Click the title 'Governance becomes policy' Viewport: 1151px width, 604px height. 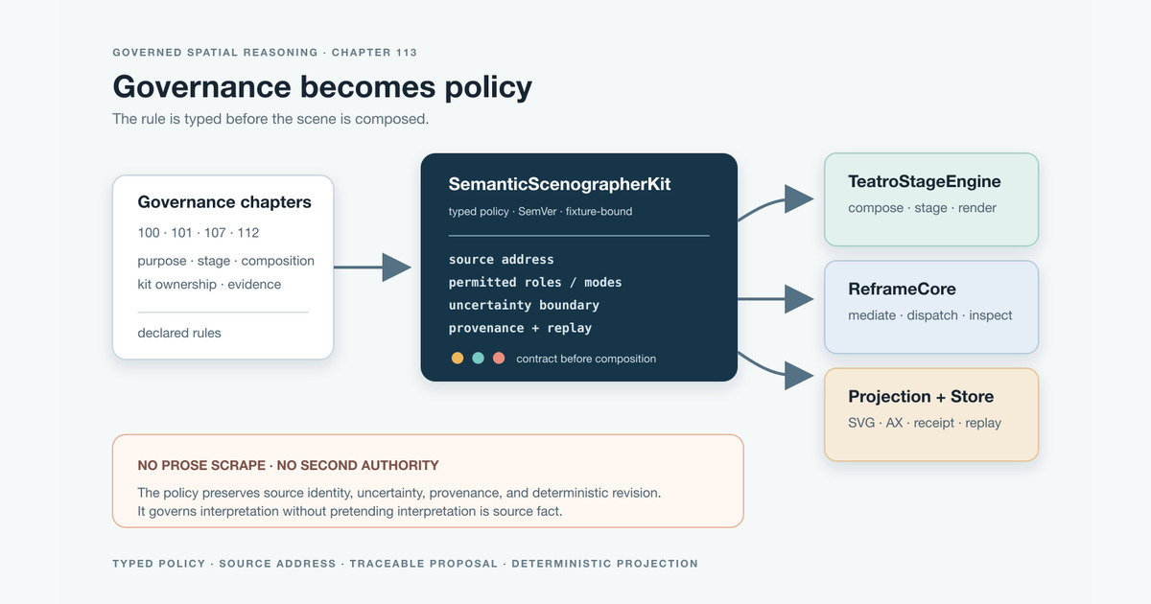(322, 87)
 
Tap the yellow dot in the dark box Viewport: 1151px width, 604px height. (458, 358)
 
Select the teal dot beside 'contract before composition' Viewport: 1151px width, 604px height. (478, 358)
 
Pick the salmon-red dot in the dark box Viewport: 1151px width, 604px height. (499, 358)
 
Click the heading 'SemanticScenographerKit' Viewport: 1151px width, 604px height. (559, 184)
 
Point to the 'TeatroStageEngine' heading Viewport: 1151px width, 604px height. (925, 181)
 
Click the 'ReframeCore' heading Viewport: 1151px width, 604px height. (902, 289)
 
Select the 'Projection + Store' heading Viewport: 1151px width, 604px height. (921, 396)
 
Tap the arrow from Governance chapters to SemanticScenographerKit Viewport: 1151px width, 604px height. (372, 267)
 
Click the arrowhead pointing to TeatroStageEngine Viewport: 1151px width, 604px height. (799, 199)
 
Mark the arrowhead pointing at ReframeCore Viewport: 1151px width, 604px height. (799, 299)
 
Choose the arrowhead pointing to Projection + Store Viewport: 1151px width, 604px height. (799, 376)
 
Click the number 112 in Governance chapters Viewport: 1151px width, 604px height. (247, 233)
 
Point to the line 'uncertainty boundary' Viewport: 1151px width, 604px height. (524, 305)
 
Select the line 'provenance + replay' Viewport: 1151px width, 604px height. (520, 328)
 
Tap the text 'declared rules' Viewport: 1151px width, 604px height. (178, 333)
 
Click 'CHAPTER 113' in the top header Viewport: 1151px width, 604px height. (374, 53)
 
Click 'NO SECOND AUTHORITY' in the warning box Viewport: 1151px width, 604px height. (358, 465)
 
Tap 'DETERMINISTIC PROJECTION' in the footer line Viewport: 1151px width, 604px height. (605, 564)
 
